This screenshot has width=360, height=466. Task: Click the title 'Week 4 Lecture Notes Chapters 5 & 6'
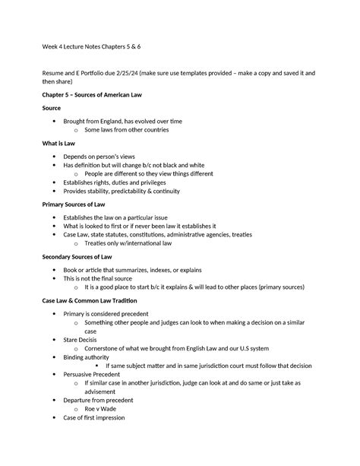[x=90, y=46]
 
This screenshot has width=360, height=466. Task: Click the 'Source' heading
[x=52, y=108]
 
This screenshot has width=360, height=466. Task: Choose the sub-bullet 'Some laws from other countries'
[x=127, y=130]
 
